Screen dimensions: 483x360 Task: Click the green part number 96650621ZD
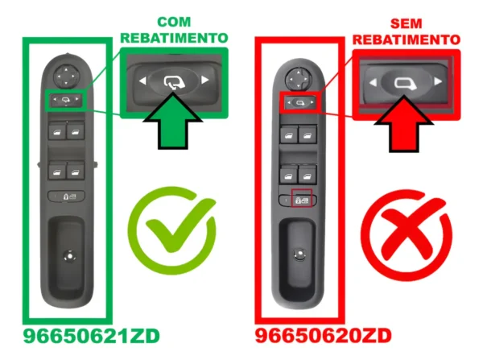point(92,336)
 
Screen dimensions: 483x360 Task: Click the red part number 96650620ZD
point(324,336)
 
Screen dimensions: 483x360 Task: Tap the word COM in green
point(174,22)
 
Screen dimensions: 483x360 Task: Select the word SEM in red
point(406,23)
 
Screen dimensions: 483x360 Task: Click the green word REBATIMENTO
point(174,38)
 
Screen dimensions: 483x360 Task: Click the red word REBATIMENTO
point(407,39)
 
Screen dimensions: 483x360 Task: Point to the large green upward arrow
point(173,123)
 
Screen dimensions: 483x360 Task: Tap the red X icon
point(407,235)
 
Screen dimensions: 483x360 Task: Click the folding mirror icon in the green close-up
point(174,82)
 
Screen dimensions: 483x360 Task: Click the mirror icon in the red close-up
point(405,84)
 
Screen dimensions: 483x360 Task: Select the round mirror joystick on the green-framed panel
point(66,77)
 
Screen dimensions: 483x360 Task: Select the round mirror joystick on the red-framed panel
point(298,80)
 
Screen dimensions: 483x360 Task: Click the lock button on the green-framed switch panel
point(66,196)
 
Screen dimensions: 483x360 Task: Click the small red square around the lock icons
point(302,198)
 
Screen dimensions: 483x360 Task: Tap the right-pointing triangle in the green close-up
point(204,81)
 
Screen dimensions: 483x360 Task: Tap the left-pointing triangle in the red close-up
point(373,82)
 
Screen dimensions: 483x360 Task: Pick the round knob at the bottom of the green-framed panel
point(69,256)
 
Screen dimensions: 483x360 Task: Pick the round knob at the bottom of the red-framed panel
point(299,254)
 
